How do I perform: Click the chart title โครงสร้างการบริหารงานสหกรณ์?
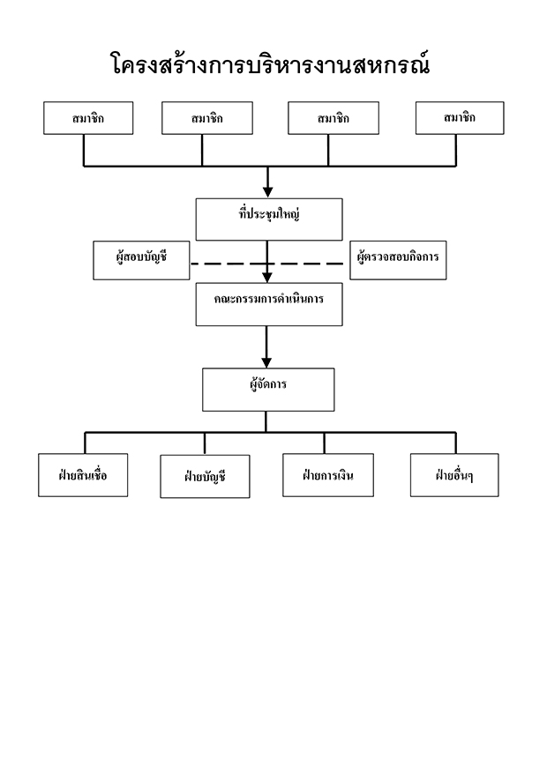[x=270, y=64]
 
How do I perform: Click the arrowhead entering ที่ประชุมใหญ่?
[x=268, y=192]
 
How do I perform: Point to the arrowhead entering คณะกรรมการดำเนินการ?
[x=266, y=278]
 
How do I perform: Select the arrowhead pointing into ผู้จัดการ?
[x=266, y=363]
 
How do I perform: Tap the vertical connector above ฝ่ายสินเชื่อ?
[x=85, y=443]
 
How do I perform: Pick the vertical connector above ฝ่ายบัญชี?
[x=204, y=443]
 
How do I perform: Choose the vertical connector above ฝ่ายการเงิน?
[x=324, y=443]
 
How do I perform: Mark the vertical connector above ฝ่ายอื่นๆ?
[x=455, y=443]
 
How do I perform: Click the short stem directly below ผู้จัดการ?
[x=266, y=422]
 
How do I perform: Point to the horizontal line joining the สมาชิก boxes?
[x=269, y=166]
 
